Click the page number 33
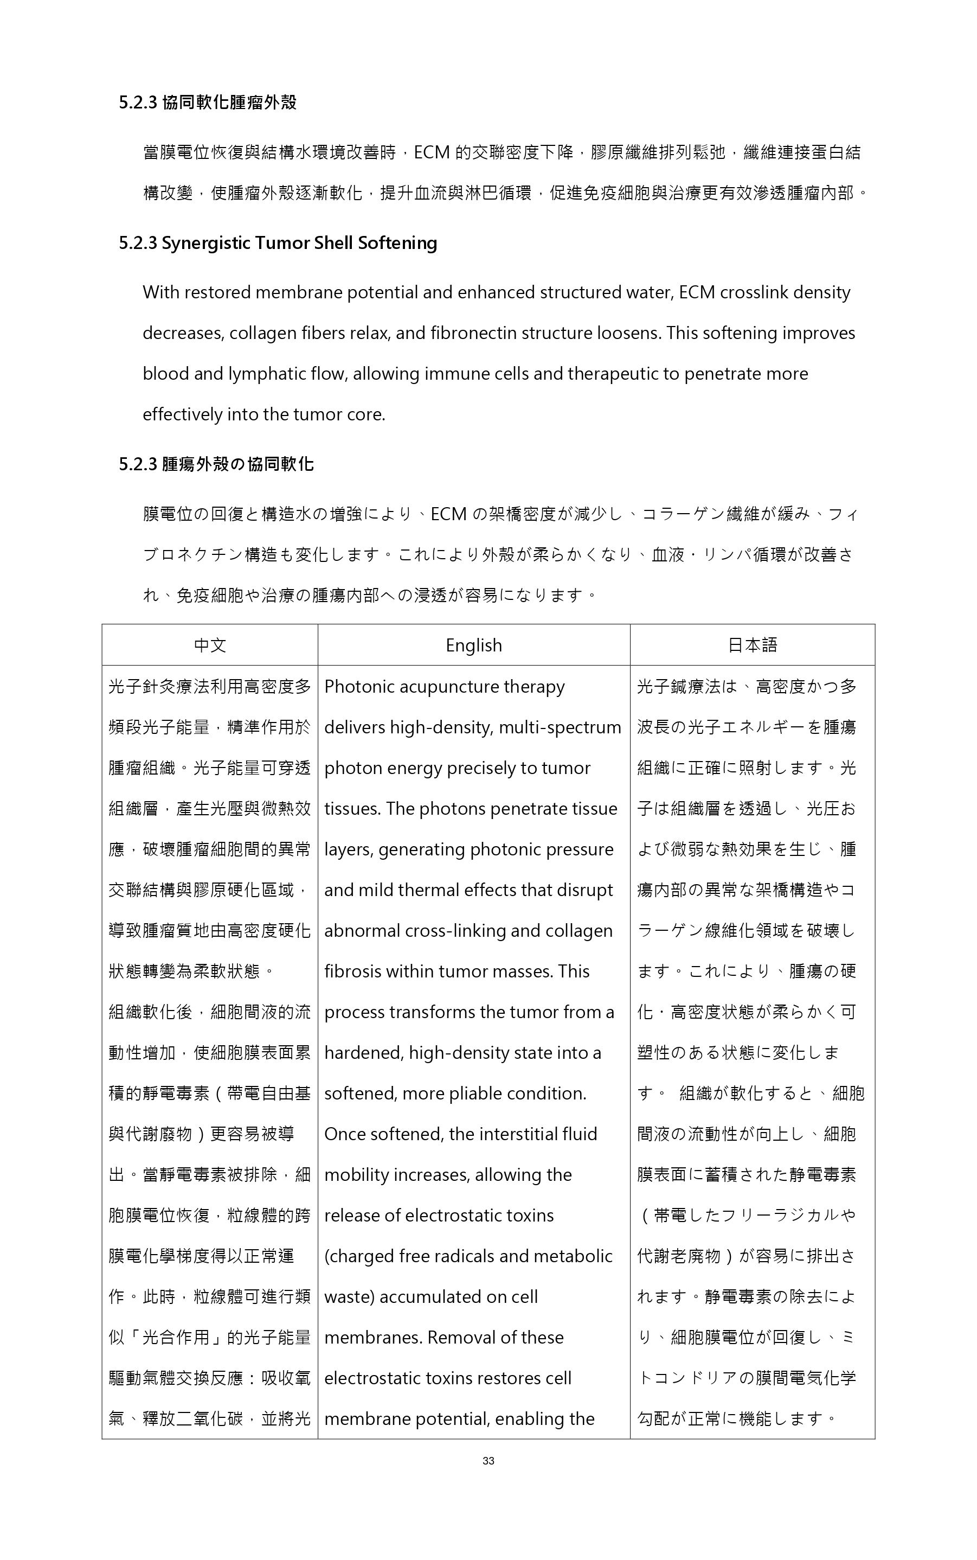click(489, 1460)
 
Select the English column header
click(474, 645)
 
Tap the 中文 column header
click(210, 645)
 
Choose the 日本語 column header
click(752, 645)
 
